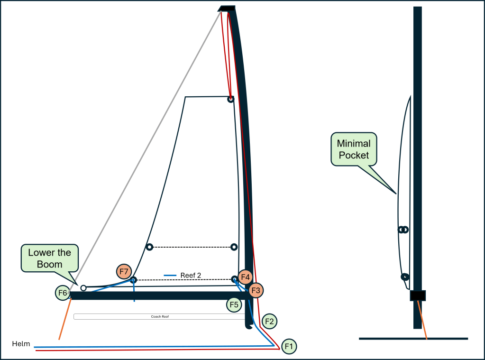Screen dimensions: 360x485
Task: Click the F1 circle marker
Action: point(289,347)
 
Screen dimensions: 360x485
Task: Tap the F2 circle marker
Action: point(269,322)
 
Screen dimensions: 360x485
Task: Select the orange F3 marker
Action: point(256,290)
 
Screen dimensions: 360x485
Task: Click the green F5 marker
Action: point(234,305)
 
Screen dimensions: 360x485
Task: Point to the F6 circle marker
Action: point(63,293)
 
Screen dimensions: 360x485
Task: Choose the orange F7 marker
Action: point(124,272)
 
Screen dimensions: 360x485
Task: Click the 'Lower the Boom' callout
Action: point(49,258)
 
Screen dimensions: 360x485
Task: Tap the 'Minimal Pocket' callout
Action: point(353,149)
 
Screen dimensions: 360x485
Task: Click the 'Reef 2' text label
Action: point(191,275)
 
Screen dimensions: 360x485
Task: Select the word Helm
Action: point(21,343)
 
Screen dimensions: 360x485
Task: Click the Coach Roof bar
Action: point(159,316)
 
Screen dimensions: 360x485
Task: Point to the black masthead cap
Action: point(227,8)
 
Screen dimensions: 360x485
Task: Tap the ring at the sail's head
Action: point(230,99)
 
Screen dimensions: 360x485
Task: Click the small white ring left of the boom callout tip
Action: point(83,288)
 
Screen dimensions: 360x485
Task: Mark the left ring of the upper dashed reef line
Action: point(149,247)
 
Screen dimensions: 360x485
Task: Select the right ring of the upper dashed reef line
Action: point(233,247)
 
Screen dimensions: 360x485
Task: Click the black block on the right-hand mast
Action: point(418,295)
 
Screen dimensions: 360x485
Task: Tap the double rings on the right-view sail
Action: point(403,230)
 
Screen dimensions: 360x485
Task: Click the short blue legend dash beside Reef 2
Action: point(170,275)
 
